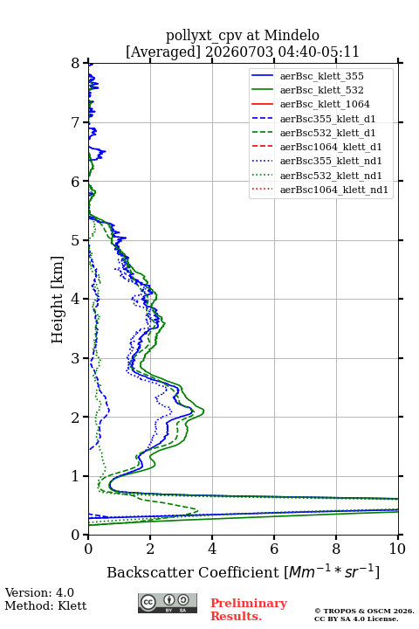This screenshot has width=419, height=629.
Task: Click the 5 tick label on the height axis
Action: point(76,240)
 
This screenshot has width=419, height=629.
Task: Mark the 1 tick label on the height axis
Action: point(76,476)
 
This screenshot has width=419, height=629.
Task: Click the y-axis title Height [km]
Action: point(58,300)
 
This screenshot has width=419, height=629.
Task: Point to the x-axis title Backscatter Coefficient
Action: point(193,572)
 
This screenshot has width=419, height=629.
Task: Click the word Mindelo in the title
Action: point(292,35)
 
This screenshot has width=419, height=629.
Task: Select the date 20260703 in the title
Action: point(239,52)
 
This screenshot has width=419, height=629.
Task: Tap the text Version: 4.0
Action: point(39,592)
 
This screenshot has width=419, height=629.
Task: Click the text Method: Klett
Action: point(45,605)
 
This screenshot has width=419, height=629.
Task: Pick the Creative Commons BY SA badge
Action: point(168,604)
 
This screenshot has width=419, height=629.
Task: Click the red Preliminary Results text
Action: point(249,610)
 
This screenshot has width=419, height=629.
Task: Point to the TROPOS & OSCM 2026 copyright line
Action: point(364,611)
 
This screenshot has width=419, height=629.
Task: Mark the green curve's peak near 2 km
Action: point(203,411)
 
